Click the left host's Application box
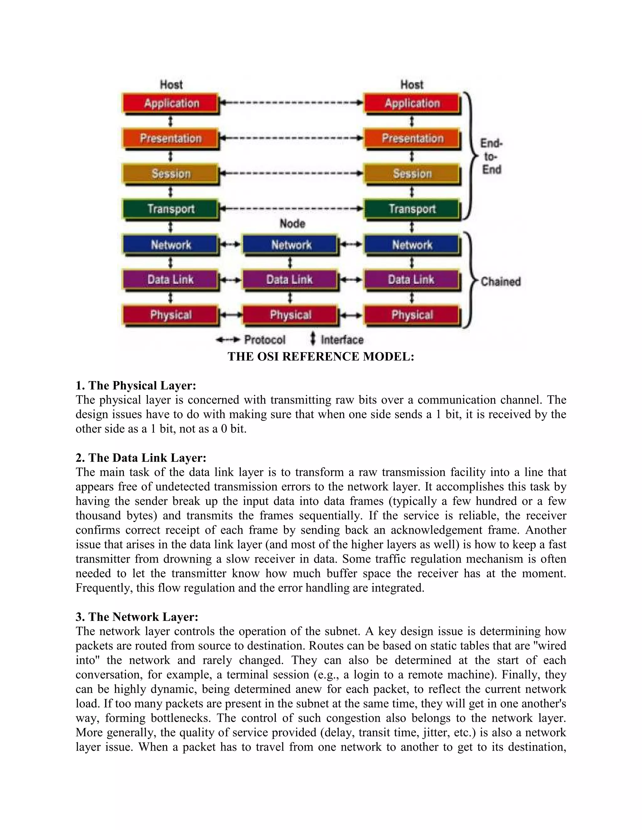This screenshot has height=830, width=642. [x=171, y=103]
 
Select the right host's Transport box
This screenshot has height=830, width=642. [x=412, y=209]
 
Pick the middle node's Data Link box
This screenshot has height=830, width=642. [x=290, y=280]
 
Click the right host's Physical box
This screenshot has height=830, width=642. [x=412, y=315]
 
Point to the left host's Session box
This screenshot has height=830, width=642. [x=171, y=174]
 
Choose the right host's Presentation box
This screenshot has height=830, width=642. [x=412, y=139]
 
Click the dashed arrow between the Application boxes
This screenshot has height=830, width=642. [x=291, y=103]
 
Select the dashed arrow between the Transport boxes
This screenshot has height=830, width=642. [x=291, y=208]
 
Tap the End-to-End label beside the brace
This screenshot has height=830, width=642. [x=492, y=157]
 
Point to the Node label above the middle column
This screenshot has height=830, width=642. [x=292, y=223]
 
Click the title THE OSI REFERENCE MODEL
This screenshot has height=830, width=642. [x=321, y=356]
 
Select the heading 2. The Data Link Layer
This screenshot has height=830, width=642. [x=141, y=458]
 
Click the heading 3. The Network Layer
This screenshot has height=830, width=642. [x=137, y=616]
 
